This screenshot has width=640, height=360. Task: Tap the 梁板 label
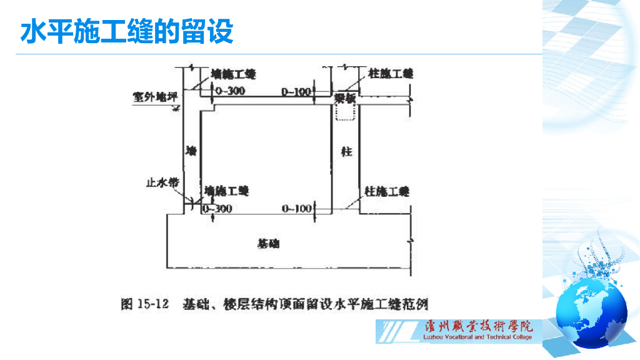point(344,98)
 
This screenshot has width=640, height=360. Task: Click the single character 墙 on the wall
point(191,151)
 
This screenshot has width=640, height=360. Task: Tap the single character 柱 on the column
point(346,151)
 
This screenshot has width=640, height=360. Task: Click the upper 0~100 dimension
point(296,92)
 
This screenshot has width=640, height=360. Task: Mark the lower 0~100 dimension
point(296,208)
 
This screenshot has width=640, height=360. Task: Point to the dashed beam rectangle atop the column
point(344,111)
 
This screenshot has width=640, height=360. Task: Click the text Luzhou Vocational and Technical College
point(477,337)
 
